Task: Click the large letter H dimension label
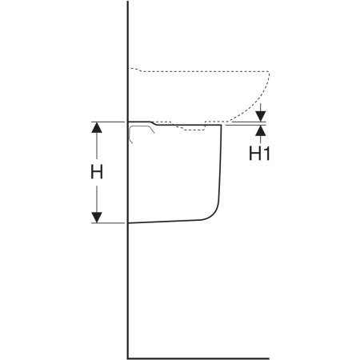tap(97, 172)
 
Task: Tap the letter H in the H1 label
tap(254, 154)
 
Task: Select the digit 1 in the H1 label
tap(266, 154)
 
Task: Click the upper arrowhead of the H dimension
tap(97, 127)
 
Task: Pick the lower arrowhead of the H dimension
tap(97, 218)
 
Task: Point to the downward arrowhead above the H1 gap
tap(261, 116)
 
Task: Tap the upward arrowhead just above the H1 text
tap(261, 130)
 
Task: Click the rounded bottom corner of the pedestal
tap(213, 214)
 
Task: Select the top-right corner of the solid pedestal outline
tap(222, 125)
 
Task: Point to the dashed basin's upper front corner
tap(269, 71)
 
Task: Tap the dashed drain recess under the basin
tap(190, 129)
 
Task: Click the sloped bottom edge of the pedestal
tap(164, 222)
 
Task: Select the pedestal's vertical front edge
tap(221, 162)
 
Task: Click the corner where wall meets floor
tap(128, 358)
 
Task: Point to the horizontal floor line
tap(198, 358)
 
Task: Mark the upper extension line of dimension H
tap(108, 122)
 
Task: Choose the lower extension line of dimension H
tap(108, 222)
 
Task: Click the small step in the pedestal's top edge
tap(154, 123)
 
